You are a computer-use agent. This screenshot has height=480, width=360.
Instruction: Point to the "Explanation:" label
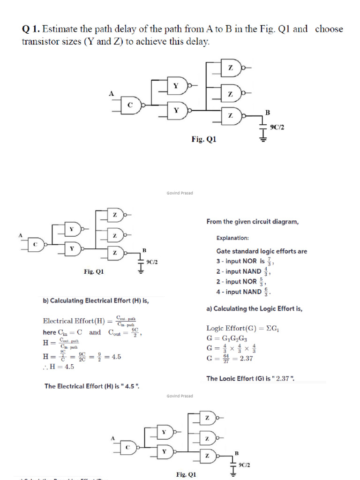click(232, 238)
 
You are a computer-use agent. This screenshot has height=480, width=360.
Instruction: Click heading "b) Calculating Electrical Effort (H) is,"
click(96, 300)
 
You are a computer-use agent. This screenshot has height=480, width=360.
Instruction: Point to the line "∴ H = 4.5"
click(58, 367)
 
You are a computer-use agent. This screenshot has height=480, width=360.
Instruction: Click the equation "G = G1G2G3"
click(227, 338)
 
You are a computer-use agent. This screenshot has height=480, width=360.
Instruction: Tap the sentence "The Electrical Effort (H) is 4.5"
click(91, 386)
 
